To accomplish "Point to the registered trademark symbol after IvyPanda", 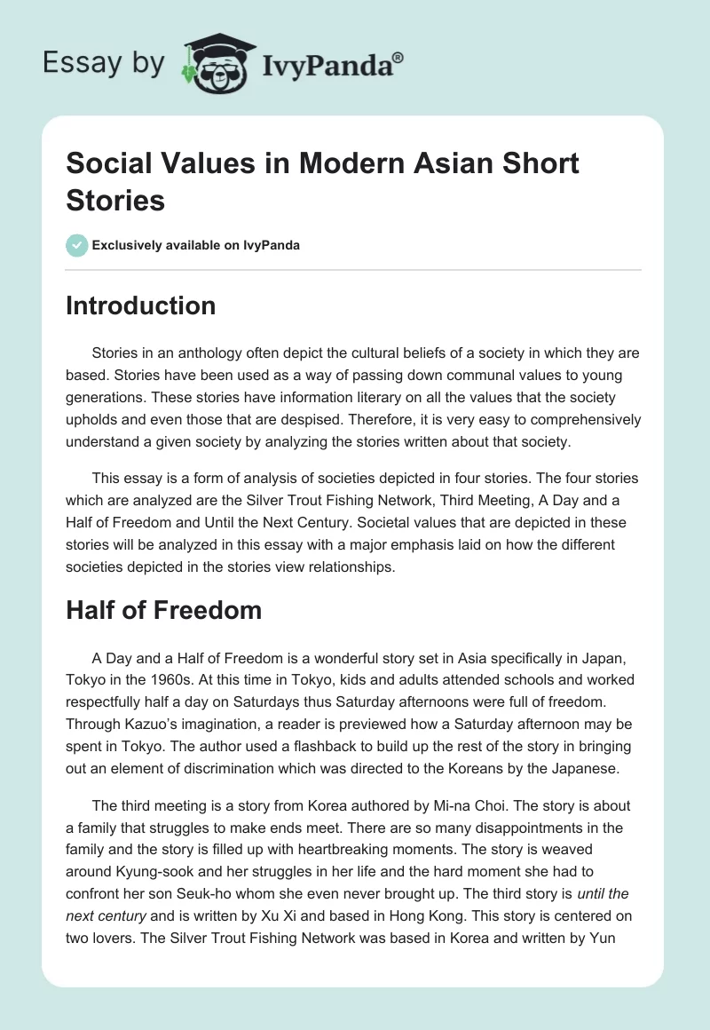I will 398,57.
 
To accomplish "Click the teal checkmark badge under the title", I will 77,245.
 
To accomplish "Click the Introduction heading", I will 141,305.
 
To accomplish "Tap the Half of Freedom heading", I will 163,610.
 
